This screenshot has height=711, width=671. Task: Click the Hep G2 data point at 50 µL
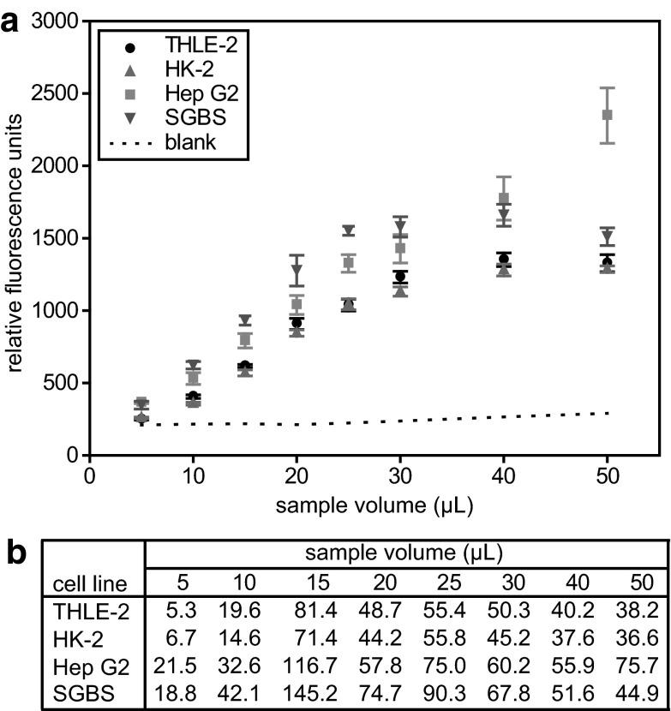tap(608, 115)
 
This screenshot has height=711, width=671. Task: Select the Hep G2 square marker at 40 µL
tap(504, 199)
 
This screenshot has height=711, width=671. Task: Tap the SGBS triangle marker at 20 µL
tap(297, 271)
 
